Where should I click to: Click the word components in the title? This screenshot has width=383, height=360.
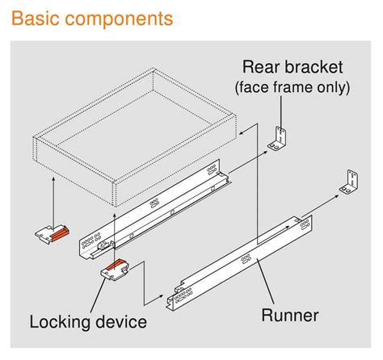pyautogui.click(x=120, y=19)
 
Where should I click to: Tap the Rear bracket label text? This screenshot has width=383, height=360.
pyautogui.click(x=293, y=67)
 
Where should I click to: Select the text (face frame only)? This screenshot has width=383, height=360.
pyautogui.click(x=293, y=87)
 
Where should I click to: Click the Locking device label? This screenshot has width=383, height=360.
pyautogui.click(x=88, y=322)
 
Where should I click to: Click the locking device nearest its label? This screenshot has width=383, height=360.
pyautogui.click(x=116, y=270)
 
